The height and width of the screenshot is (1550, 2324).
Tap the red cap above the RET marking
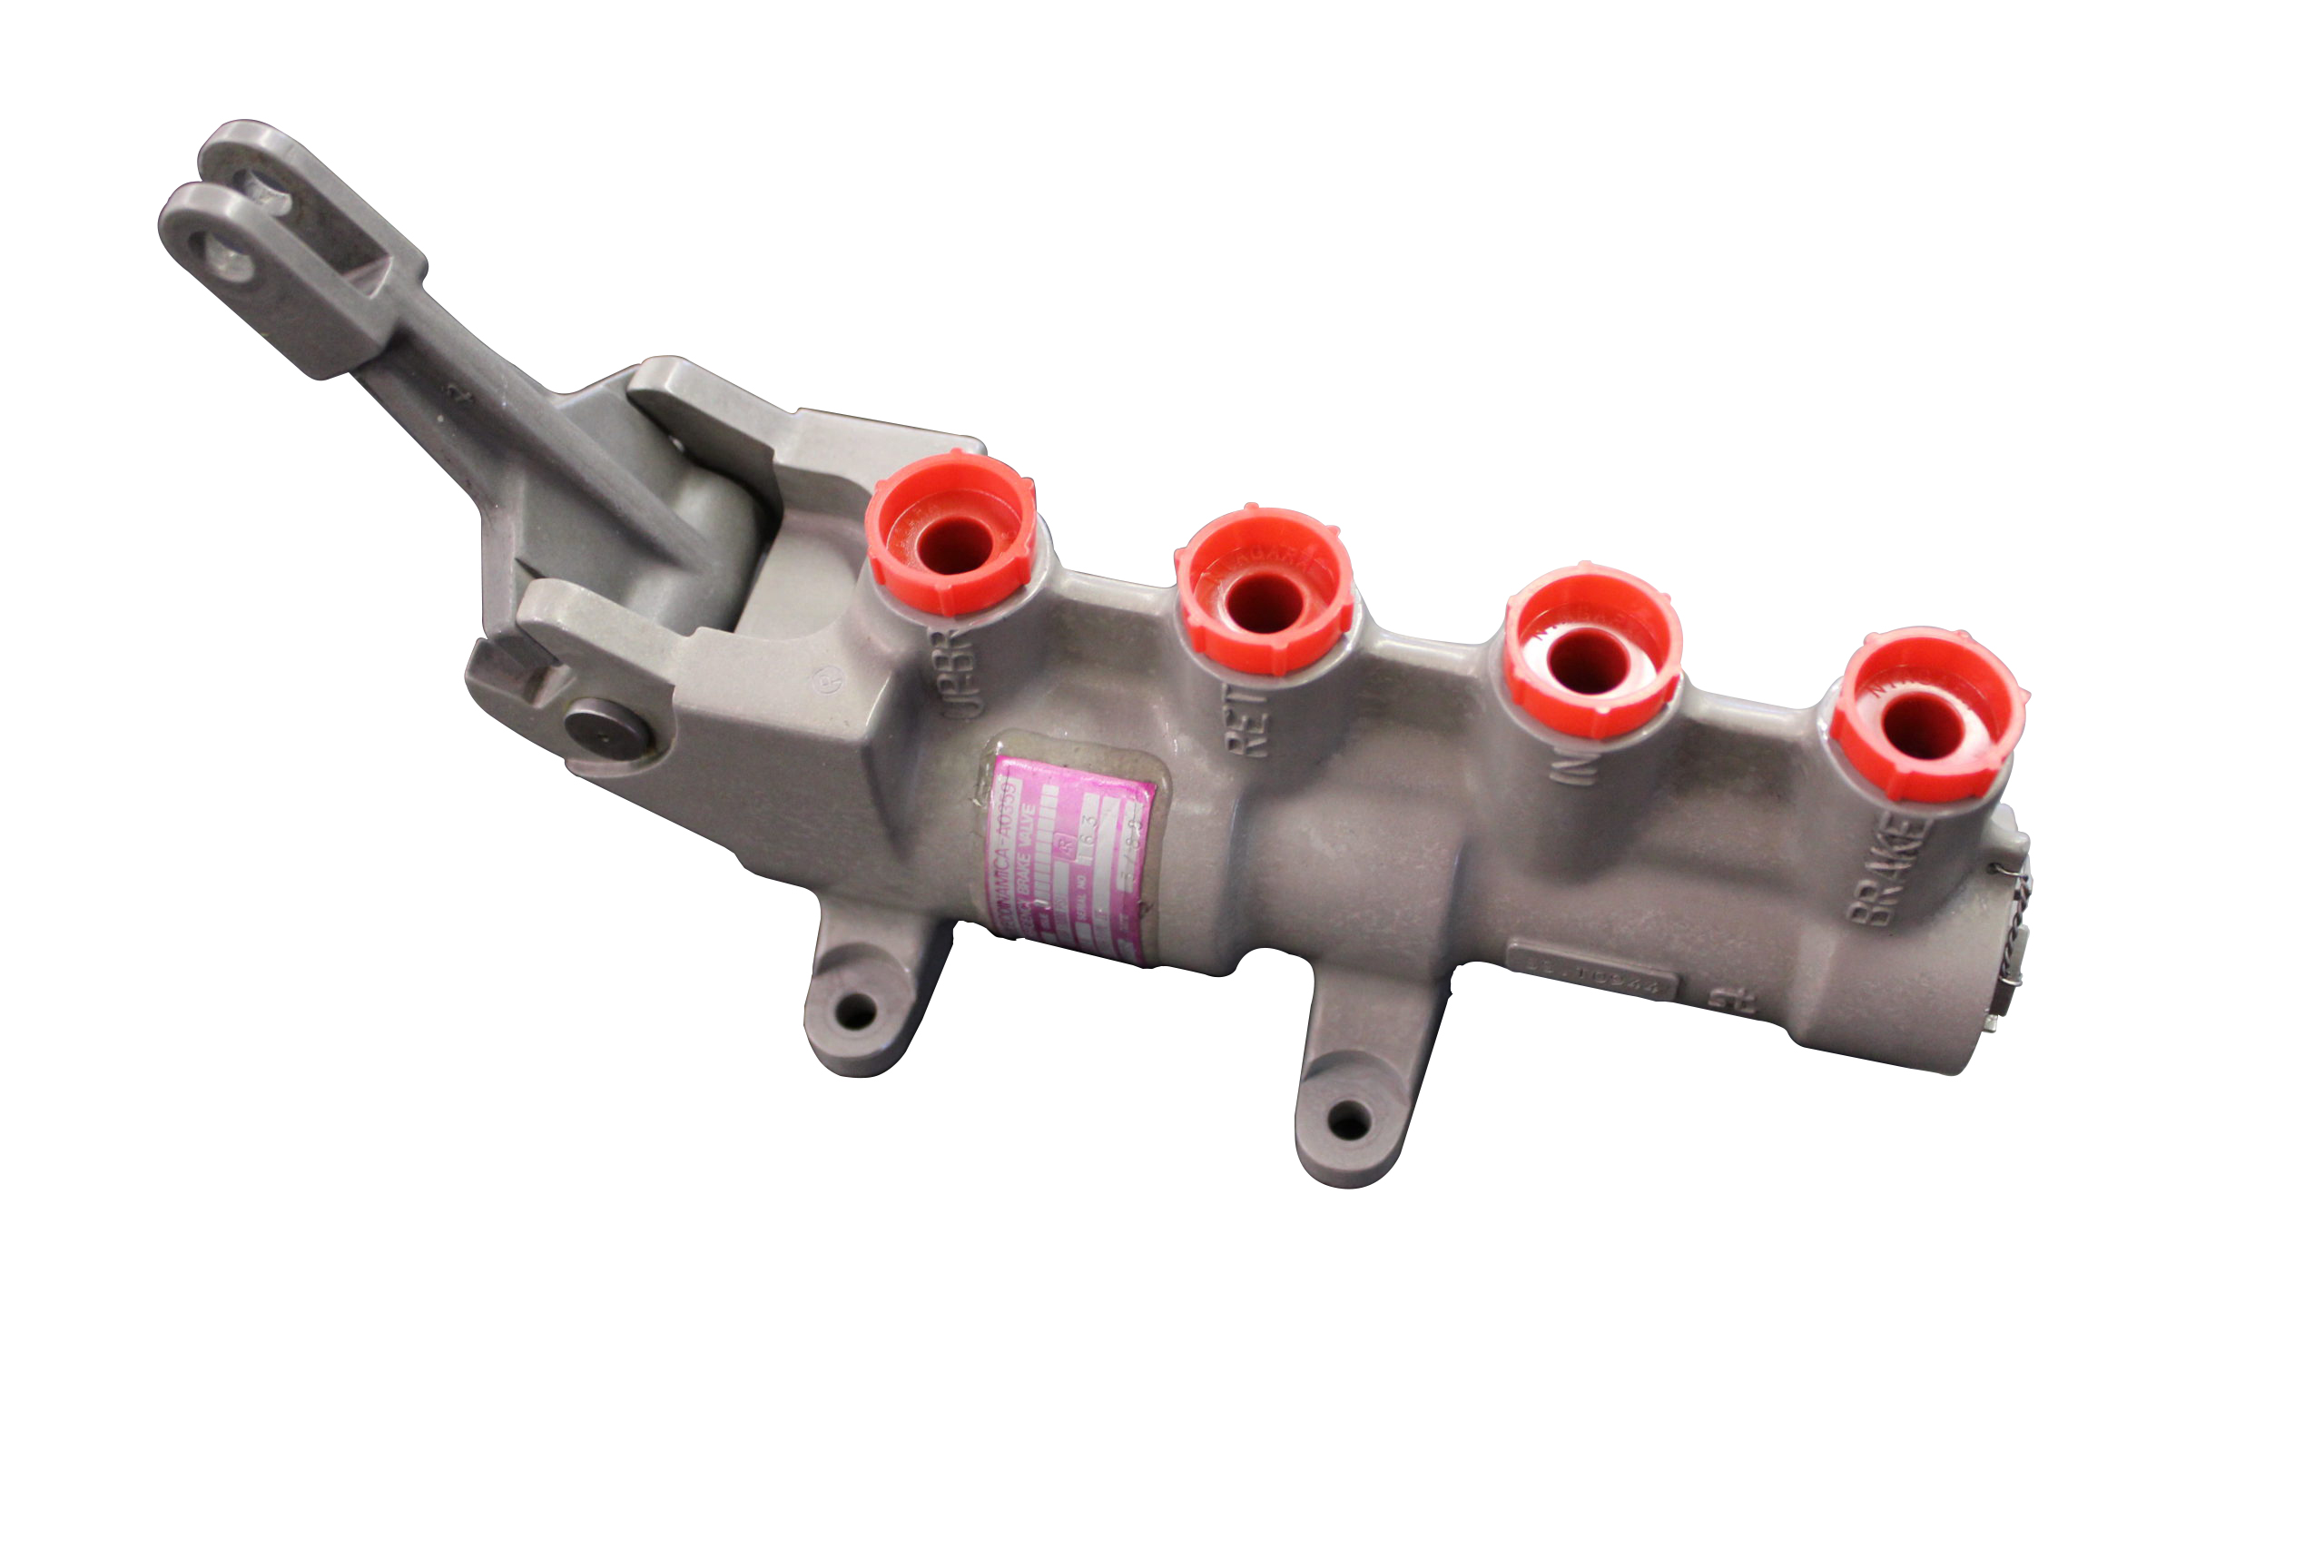tap(1264, 593)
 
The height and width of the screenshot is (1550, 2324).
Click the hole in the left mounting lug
tap(856, 1011)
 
